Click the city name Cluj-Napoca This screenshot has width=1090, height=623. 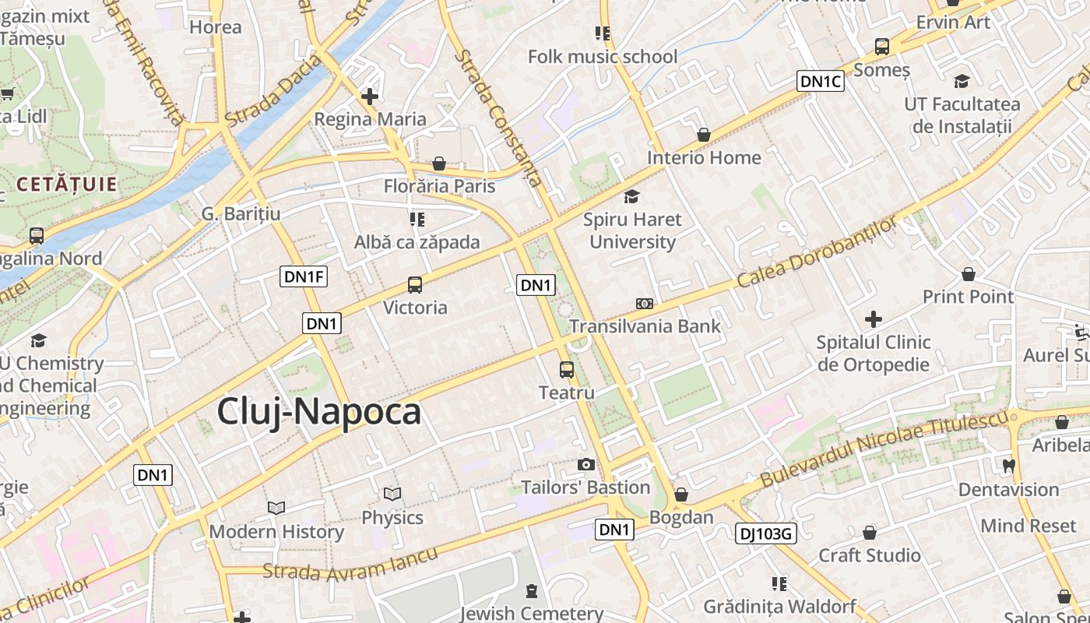point(318,411)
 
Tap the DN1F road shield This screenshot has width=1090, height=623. point(304,276)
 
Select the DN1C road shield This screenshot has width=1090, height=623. point(821,81)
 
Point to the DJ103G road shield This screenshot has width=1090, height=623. point(765,533)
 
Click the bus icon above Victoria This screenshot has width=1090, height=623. point(415,285)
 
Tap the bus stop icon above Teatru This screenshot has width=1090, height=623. point(567,370)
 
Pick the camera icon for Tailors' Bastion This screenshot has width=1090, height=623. point(586,465)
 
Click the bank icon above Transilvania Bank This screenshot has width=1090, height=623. point(645,304)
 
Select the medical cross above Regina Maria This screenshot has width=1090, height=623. point(370,97)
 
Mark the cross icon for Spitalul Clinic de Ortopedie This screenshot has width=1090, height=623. point(874,319)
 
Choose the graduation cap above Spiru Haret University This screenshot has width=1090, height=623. point(631,197)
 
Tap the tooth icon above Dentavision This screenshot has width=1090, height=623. point(1009,466)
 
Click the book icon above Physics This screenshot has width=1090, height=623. point(392,495)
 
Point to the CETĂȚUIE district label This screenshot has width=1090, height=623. point(66,185)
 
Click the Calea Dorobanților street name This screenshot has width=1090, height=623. point(817,252)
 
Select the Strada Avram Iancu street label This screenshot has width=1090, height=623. point(350,565)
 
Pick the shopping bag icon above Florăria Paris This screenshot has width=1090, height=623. point(439,164)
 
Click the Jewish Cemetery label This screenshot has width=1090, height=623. point(531,613)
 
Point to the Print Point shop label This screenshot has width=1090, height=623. point(968,297)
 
